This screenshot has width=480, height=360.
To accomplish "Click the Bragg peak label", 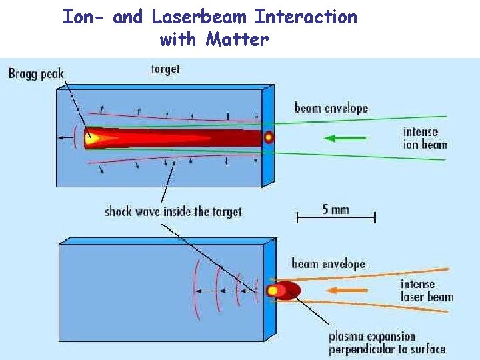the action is click(36, 73).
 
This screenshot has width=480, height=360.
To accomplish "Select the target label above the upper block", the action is click(165, 69).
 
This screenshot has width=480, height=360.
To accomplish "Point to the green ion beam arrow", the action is click(345, 139).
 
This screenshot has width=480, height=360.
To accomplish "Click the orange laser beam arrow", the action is click(349, 290).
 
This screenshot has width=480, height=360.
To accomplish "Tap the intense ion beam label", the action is click(425, 138).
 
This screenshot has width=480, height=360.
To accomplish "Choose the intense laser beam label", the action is click(427, 291).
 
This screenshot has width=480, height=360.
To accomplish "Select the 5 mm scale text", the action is click(335, 209).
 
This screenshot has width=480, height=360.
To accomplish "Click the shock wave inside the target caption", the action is click(173, 212).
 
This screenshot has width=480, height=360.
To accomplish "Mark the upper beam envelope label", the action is click(331, 108).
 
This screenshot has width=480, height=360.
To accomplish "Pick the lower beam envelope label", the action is click(328, 264).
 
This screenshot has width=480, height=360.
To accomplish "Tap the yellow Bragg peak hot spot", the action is click(91, 138).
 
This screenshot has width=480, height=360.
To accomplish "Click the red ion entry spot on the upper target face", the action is click(269, 138).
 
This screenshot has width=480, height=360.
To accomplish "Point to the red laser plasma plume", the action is click(285, 291).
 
